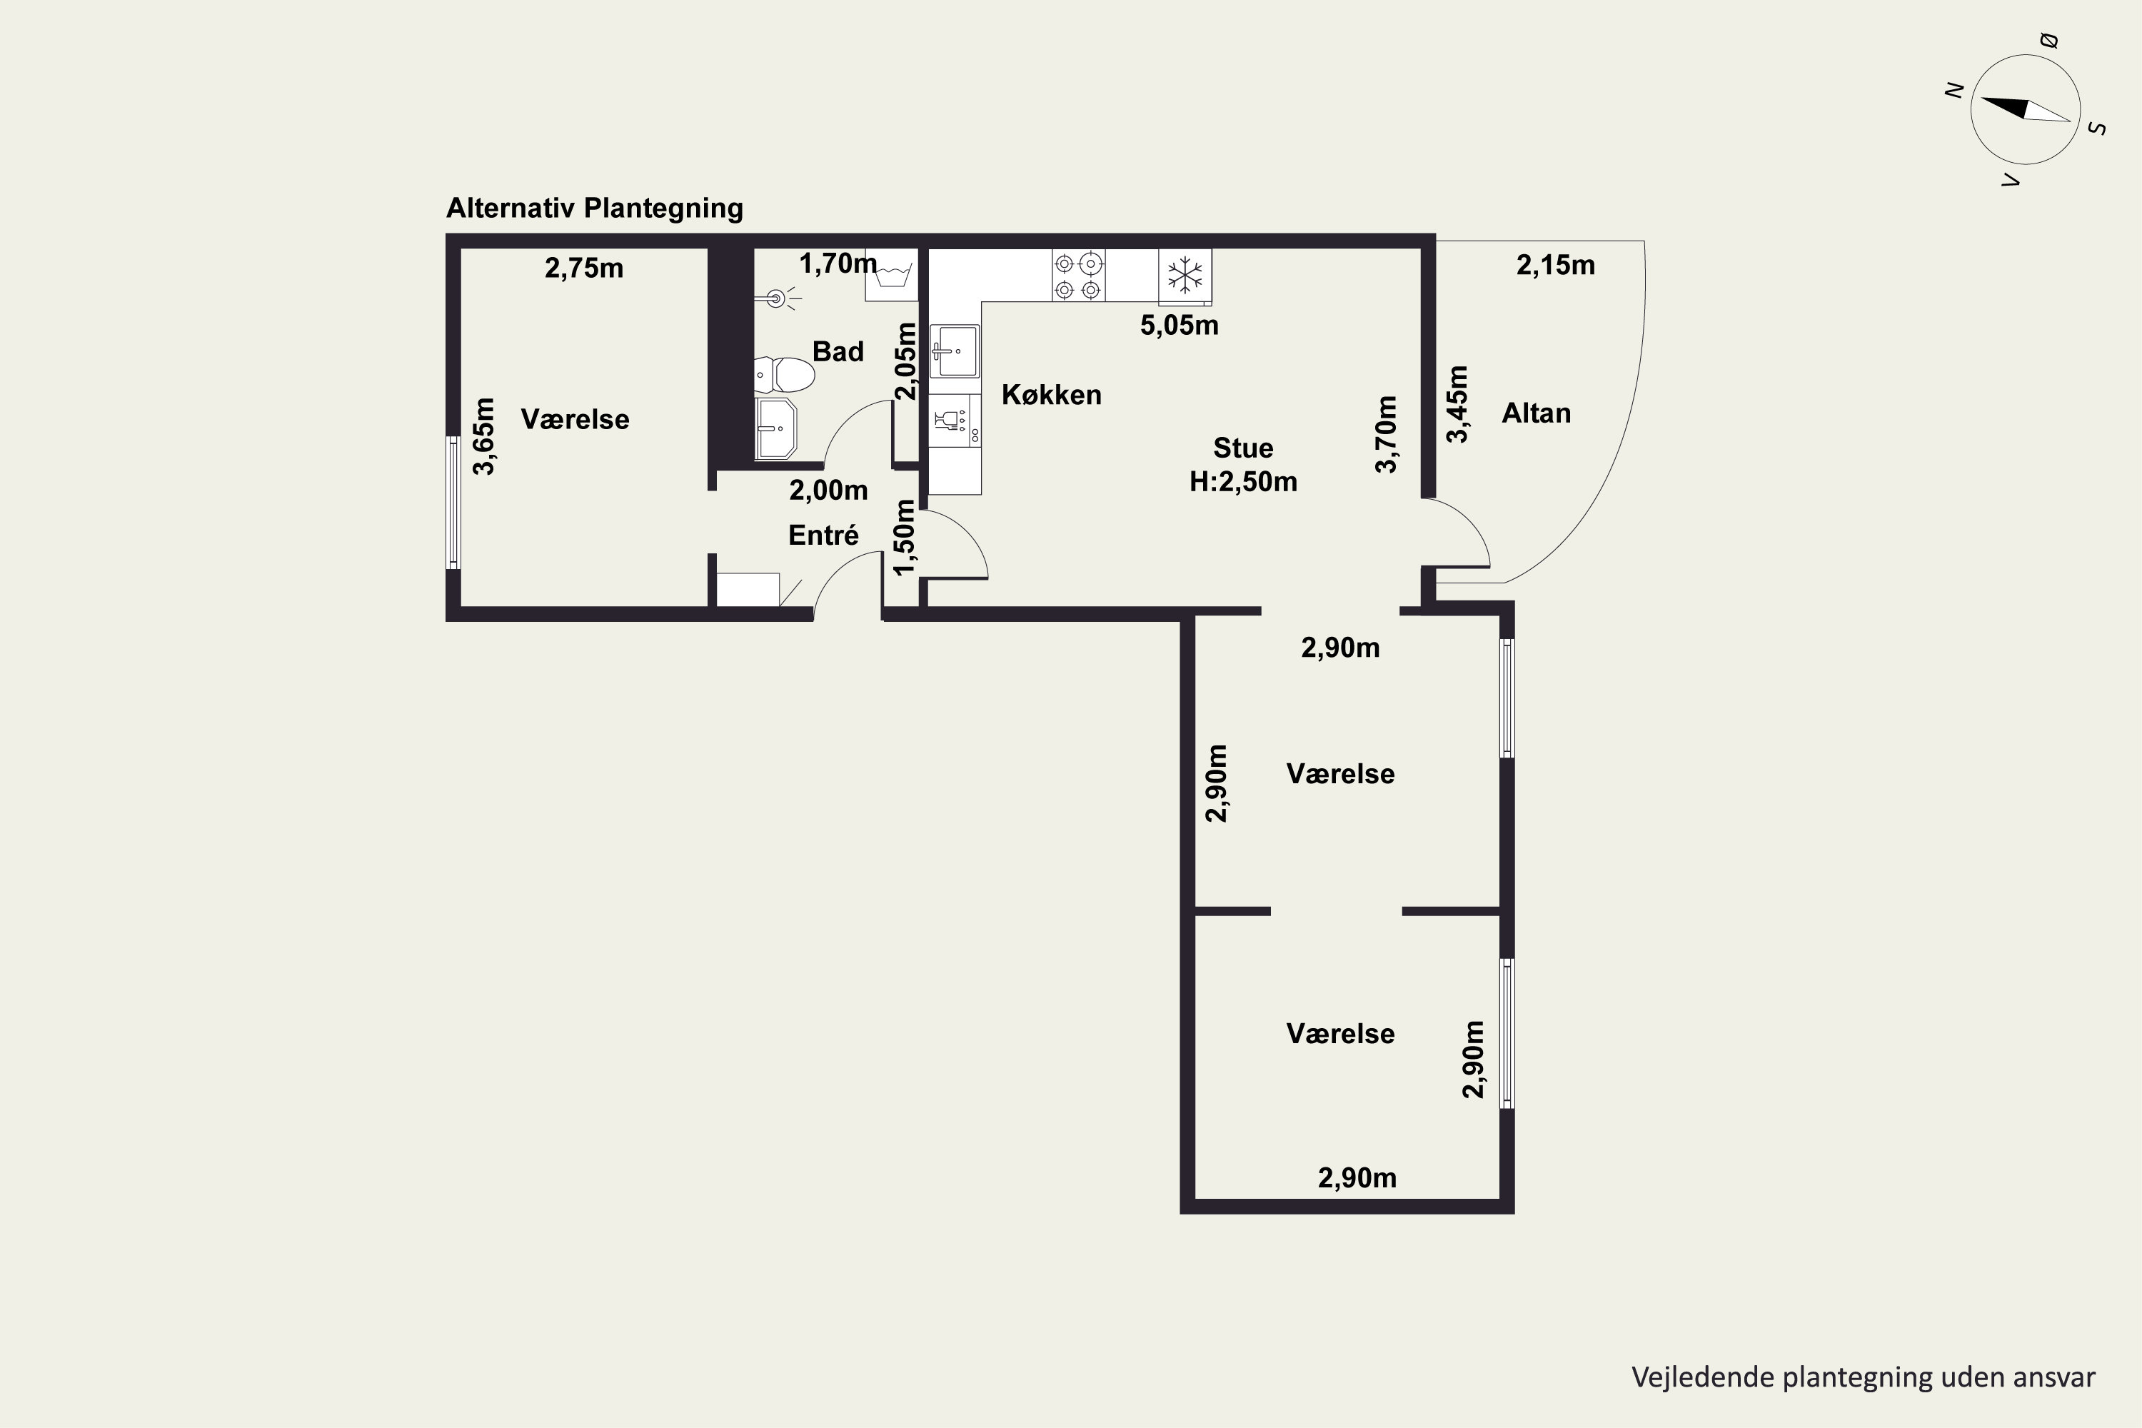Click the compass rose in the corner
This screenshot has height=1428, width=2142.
coord(2026,109)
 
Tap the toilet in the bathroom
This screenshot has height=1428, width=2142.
coord(784,374)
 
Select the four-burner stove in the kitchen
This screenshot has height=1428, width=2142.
coord(1078,275)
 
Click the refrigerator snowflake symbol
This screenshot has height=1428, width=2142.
coord(1185,276)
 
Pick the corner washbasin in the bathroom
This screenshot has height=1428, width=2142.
coord(776,427)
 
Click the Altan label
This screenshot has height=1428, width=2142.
coord(1537,413)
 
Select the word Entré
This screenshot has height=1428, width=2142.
coord(823,535)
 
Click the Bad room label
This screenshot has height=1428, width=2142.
coord(838,351)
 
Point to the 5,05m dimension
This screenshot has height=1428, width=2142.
coord(1180,325)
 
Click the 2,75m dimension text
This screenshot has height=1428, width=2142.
coord(584,268)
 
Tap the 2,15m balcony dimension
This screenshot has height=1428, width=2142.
coord(1556,265)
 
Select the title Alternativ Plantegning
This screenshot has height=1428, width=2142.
coord(595,208)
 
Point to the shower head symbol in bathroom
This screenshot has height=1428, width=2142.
coord(777,298)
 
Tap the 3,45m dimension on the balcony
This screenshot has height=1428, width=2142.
coord(1457,403)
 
